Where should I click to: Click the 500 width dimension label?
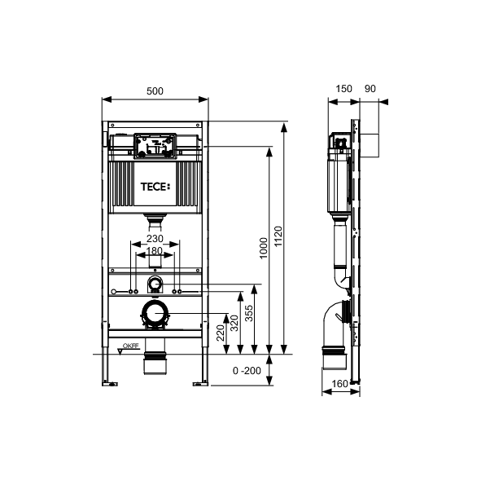coord(155,90)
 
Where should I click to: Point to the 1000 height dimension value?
coord(262,249)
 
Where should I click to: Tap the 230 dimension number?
coord(155,238)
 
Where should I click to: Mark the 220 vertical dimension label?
coord(219,332)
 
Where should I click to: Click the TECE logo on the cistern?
coord(155,187)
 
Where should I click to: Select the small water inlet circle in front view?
coord(155,284)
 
